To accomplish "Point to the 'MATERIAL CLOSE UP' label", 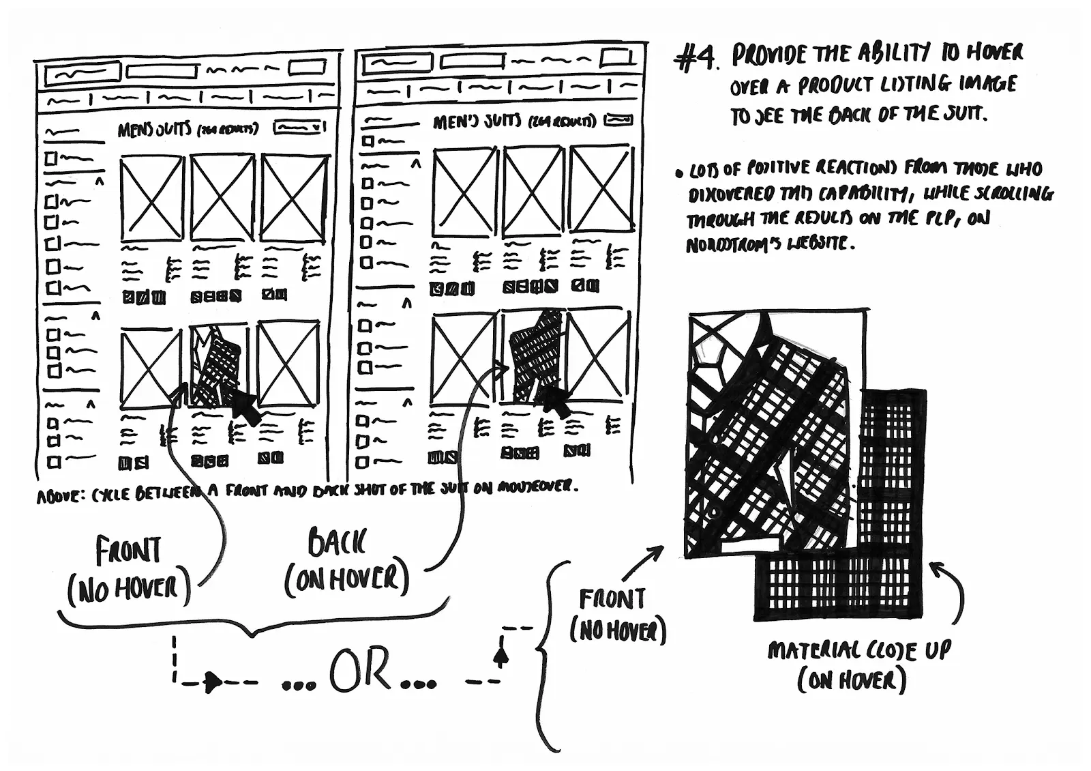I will [x=858, y=651].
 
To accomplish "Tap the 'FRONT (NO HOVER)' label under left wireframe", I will [x=128, y=571].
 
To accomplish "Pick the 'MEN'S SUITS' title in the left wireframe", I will [x=155, y=130].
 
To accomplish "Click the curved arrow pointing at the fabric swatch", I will [x=952, y=587].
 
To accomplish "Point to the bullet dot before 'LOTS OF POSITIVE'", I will [x=679, y=173].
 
